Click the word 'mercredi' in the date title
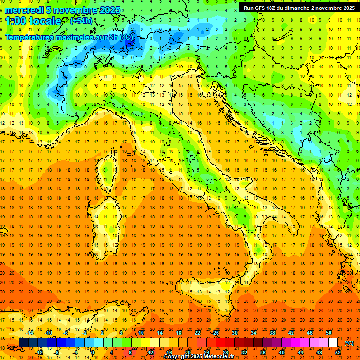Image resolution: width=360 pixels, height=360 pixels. point(24,10)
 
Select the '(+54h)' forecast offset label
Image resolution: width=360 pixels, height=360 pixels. point(81,21)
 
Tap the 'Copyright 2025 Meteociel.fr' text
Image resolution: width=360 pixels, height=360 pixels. point(199,357)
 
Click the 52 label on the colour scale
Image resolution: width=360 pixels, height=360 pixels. point(337,352)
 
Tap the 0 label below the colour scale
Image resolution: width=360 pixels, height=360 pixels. point(93,352)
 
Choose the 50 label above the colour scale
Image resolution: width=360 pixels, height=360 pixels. point(328,333)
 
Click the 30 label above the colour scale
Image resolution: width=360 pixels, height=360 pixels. point(234,333)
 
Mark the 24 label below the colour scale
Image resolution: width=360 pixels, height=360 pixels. point(206,352)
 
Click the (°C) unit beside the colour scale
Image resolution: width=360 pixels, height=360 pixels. point(349,343)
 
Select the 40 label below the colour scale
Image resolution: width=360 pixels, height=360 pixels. point(281,352)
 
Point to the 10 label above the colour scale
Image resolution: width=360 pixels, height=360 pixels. point(141,333)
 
